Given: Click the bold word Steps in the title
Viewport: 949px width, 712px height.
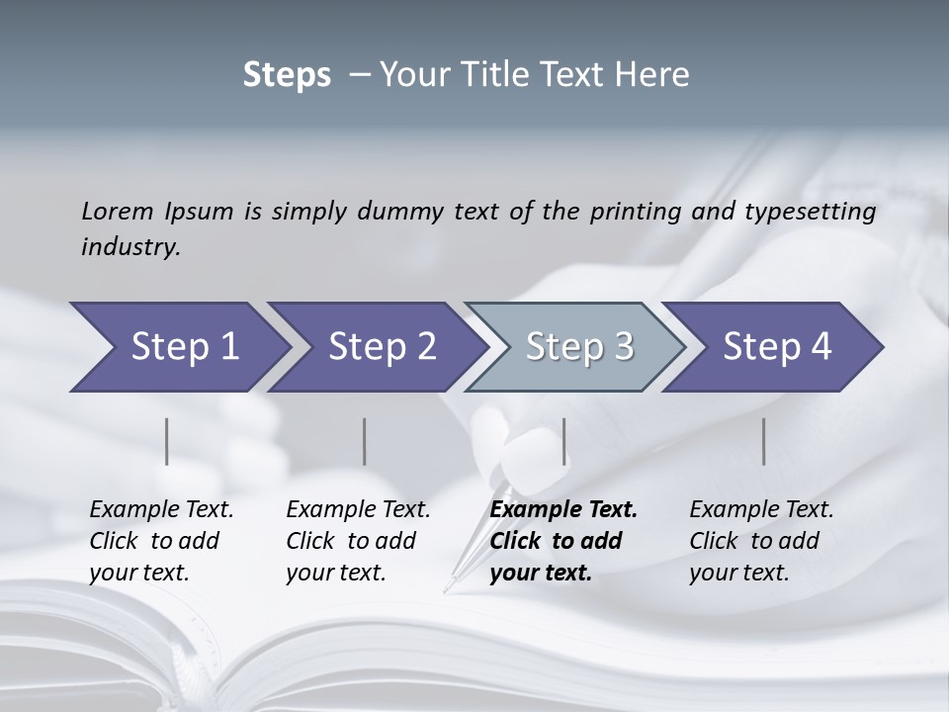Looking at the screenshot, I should [287, 75].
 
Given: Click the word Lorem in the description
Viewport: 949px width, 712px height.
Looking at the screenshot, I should [116, 212].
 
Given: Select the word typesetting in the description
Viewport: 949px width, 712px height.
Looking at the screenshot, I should [813, 212].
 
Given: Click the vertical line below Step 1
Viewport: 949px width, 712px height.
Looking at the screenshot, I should [167, 441].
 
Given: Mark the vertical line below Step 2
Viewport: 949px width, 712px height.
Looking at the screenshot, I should [365, 441].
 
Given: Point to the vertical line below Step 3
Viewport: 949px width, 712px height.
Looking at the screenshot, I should [564, 441].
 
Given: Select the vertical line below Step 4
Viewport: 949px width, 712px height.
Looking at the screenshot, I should [764, 441].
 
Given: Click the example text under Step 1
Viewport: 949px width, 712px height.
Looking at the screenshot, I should [161, 541].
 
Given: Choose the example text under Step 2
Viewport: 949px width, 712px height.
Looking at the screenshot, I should [358, 541].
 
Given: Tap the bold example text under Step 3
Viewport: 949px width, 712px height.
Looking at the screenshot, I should [563, 541].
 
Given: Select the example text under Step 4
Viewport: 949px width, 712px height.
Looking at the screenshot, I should [761, 541].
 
